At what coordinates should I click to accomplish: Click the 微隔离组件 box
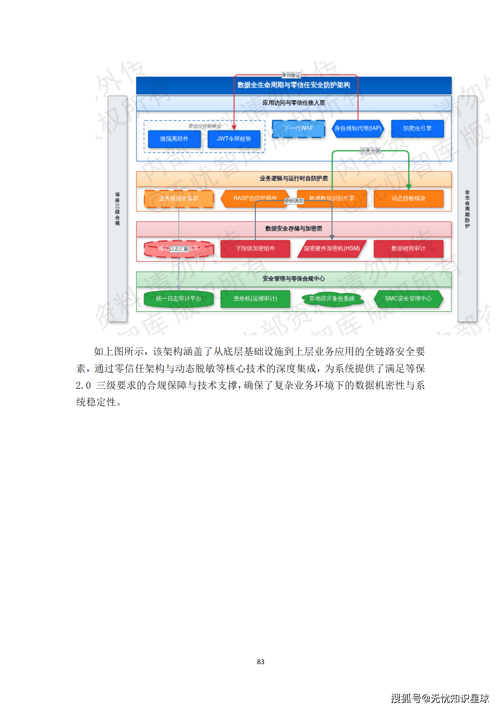[174, 139]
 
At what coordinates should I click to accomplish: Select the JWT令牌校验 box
[234, 139]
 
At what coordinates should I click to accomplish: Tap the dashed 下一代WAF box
[298, 129]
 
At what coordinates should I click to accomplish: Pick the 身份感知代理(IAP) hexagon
[358, 129]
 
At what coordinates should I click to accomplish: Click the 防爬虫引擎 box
[417, 129]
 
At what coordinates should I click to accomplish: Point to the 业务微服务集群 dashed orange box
[179, 198]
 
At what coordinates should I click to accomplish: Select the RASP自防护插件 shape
[255, 198]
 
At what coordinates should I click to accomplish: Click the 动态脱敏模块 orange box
[409, 198]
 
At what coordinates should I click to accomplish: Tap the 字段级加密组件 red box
[255, 249]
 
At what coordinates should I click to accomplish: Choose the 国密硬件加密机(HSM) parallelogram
[332, 249]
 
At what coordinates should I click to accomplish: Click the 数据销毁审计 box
[409, 249]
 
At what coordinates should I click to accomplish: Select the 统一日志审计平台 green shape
[179, 299]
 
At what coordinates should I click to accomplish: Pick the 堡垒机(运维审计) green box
[255, 299]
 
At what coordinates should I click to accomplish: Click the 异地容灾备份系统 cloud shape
[332, 299]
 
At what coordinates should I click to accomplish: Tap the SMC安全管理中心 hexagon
[409, 299]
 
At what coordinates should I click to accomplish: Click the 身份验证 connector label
[291, 75]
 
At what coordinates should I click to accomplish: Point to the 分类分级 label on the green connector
[371, 151]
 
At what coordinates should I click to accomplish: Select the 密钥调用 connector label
[294, 201]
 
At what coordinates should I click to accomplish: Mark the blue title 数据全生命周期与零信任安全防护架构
[294, 85]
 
